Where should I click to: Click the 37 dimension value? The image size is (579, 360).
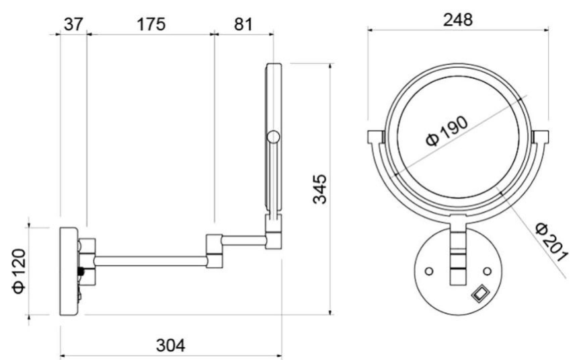tap(73, 24)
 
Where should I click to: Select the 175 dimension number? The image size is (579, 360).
tap(151, 24)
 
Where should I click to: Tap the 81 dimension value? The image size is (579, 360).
tap(243, 24)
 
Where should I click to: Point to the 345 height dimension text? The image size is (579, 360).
tap(320, 189)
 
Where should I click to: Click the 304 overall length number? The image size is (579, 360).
tap(171, 346)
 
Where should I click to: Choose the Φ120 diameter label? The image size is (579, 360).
tap(20, 271)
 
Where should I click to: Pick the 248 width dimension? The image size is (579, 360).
tap(458, 20)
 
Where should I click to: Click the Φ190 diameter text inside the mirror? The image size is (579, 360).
tap(447, 131)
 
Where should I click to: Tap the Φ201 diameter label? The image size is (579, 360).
tap(551, 242)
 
